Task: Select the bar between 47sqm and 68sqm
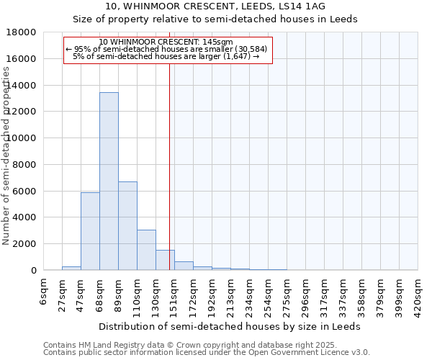point(90,231)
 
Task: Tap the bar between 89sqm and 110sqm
point(127,226)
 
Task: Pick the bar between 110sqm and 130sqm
point(146,250)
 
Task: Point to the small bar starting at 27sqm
point(71,268)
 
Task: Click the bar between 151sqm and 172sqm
point(184,266)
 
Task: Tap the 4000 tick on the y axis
point(24,217)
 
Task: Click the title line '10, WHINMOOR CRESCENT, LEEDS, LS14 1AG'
point(215,6)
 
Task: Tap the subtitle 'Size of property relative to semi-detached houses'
point(215,19)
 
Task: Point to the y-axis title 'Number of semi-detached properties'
point(6,156)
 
